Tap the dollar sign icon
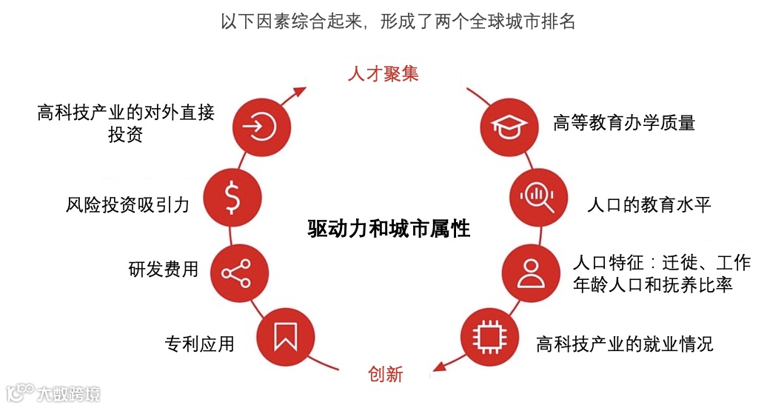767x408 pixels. click(x=231, y=195)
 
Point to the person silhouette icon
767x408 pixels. click(x=531, y=272)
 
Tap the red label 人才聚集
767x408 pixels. click(x=383, y=74)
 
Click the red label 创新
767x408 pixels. click(x=385, y=374)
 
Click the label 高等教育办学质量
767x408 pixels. click(x=624, y=123)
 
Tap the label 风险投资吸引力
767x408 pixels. click(x=127, y=204)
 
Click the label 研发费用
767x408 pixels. click(x=163, y=269)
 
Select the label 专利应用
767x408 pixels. click(x=199, y=344)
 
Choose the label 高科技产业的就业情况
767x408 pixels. click(x=625, y=344)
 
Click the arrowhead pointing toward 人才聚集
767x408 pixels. click(x=300, y=91)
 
